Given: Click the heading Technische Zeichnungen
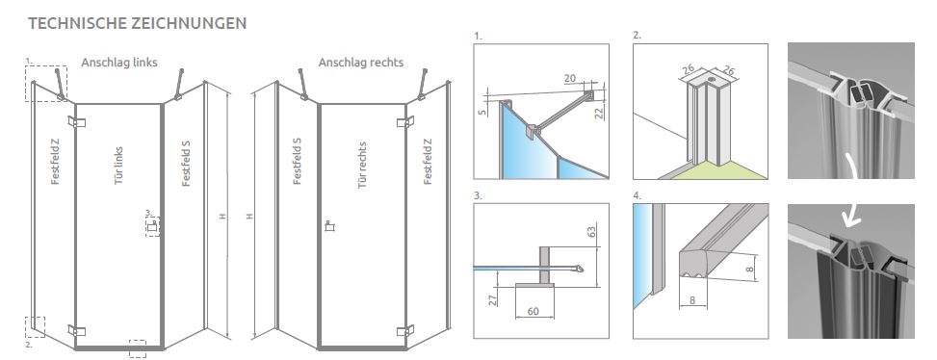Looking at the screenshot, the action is click(137, 23).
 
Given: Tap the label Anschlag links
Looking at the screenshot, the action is click(119, 63).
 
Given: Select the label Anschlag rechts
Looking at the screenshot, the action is click(361, 63).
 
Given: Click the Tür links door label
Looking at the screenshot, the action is click(118, 166).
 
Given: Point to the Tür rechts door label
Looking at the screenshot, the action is click(362, 166).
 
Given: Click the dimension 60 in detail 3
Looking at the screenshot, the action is click(534, 311).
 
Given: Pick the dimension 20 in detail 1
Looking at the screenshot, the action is click(569, 78).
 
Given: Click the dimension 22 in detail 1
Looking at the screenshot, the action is click(600, 113).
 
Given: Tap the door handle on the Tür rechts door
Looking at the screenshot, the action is click(328, 226).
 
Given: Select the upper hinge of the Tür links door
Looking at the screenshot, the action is click(76, 122).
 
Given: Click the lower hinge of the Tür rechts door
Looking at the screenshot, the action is click(405, 330).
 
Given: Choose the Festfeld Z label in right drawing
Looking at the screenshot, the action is click(428, 161).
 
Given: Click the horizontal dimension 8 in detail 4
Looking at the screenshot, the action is click(692, 300).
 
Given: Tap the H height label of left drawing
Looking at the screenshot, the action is click(222, 217).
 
